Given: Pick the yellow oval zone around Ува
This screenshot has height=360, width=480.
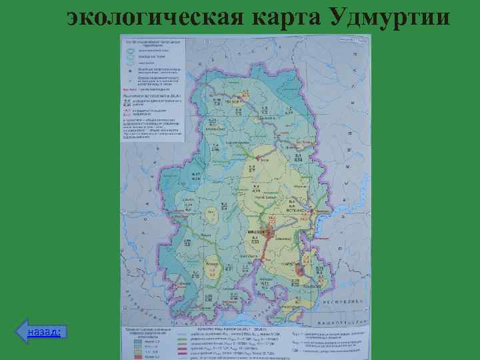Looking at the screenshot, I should (213, 215).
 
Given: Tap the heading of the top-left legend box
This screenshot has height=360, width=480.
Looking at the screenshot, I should (153, 39).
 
